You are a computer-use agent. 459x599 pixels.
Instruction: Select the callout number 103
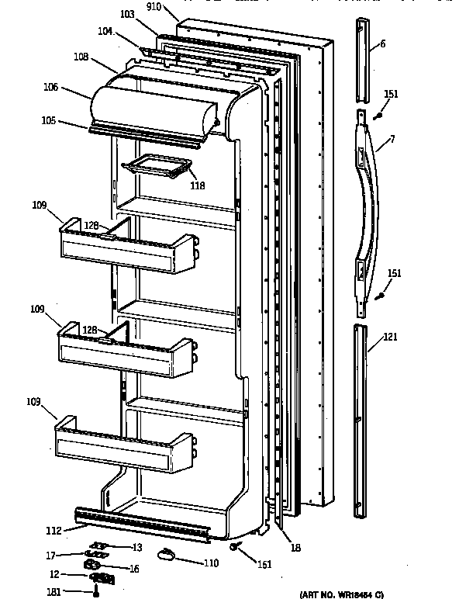tap(127, 15)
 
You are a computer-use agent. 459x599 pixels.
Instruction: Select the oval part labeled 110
tap(167, 552)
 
